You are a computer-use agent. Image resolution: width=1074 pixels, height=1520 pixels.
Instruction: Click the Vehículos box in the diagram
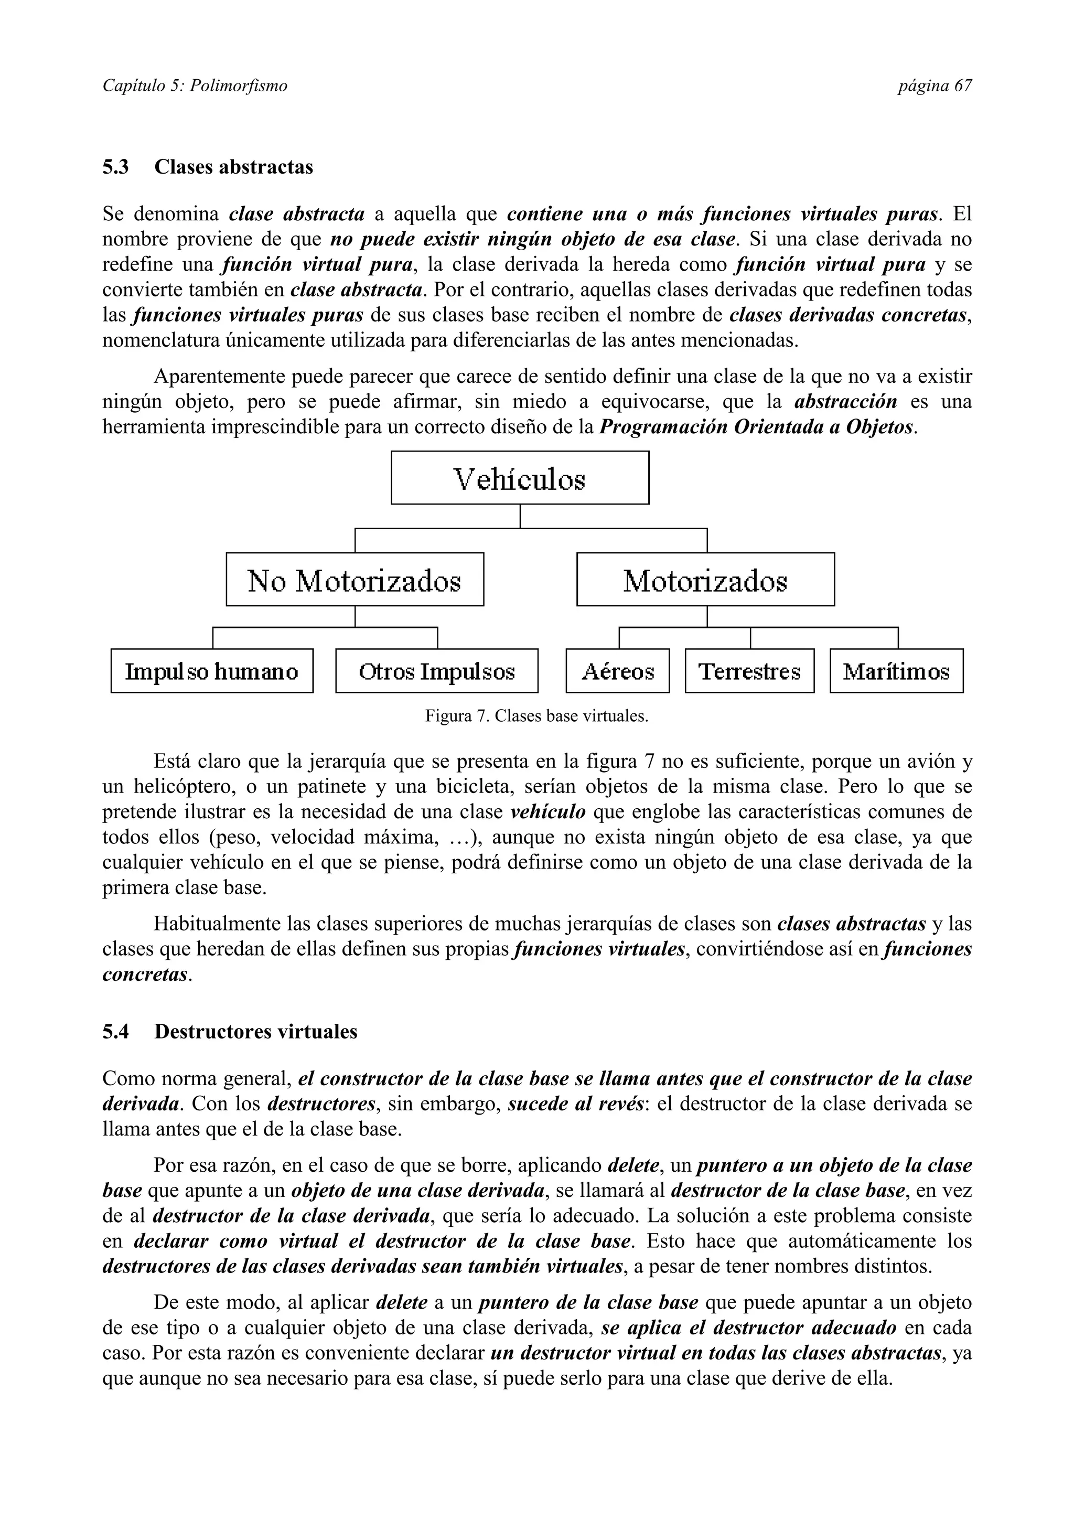pyautogui.click(x=520, y=478)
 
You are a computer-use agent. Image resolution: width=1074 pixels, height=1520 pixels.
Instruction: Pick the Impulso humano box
pyautogui.click(x=212, y=671)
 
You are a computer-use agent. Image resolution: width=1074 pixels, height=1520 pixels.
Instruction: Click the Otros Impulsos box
pyautogui.click(x=437, y=671)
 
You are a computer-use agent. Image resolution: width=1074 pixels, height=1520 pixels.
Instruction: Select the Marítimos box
pyautogui.click(x=896, y=671)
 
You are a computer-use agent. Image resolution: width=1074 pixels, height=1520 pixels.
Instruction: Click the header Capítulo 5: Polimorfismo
pyautogui.click(x=195, y=85)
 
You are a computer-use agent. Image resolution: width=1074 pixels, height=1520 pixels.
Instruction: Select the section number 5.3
pyautogui.click(x=115, y=167)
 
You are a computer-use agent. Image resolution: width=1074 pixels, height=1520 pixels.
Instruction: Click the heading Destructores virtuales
pyautogui.click(x=255, y=1031)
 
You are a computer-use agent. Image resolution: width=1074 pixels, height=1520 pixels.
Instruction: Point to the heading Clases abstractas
pyautogui.click(x=233, y=167)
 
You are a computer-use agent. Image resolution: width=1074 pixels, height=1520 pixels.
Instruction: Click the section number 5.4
pyautogui.click(x=115, y=1031)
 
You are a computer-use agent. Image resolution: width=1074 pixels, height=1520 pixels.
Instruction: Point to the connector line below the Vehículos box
pyautogui.click(x=520, y=517)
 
